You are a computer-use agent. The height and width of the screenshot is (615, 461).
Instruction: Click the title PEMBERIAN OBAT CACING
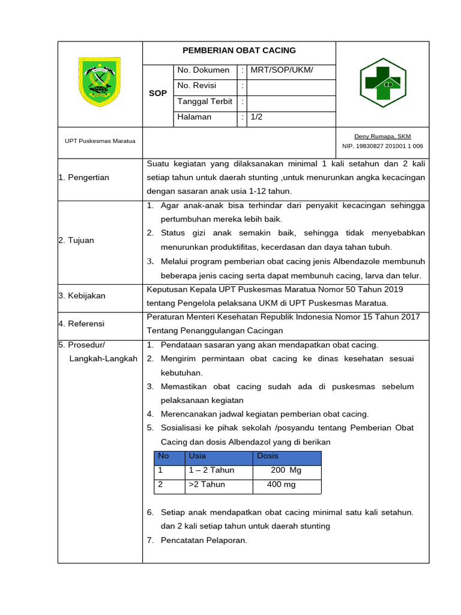239,50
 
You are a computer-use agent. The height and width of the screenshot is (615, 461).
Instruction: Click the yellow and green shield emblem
100,82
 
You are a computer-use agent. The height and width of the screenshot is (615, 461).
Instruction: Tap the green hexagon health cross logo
382,82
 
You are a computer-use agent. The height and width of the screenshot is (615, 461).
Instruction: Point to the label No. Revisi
196,86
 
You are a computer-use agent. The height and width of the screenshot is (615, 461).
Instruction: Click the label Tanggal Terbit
205,101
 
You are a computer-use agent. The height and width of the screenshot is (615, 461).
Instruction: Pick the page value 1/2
256,117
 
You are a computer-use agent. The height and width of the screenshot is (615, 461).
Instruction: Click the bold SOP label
158,94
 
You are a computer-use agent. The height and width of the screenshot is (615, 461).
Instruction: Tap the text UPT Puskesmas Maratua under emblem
100,141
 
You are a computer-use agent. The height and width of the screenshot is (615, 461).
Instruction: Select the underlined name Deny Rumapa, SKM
382,136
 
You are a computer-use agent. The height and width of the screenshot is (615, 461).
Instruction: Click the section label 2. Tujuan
76,240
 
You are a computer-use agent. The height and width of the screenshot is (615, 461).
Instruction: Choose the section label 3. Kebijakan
82,295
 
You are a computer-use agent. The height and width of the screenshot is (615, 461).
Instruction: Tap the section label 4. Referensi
82,324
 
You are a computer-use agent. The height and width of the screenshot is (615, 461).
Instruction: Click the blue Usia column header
197,456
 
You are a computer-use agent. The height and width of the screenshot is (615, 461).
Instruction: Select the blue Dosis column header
268,456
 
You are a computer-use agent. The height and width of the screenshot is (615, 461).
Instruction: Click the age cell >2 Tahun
206,485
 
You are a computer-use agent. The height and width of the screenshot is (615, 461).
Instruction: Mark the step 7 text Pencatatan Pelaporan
203,541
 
